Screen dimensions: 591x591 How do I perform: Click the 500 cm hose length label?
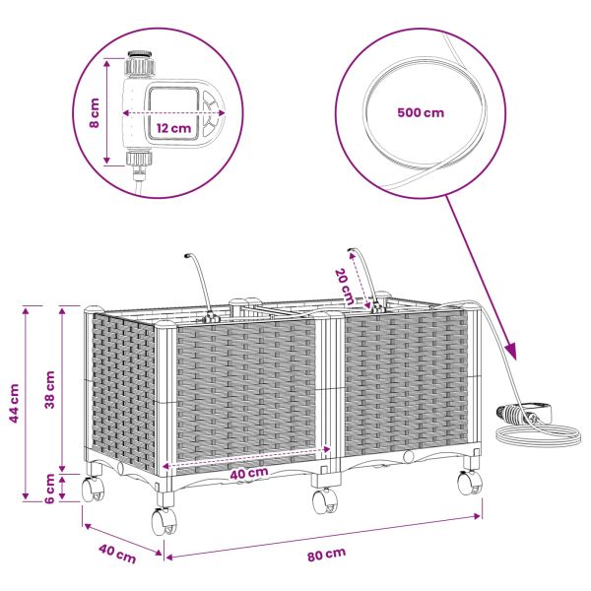[421, 112]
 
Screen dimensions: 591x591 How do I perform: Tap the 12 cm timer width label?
[173, 128]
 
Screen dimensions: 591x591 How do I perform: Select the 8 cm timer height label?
[95, 112]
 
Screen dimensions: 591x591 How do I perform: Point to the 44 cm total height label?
[14, 403]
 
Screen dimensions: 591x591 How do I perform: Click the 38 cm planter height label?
[50, 389]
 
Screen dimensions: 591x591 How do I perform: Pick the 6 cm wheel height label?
[50, 489]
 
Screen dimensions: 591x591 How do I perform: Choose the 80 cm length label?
[326, 555]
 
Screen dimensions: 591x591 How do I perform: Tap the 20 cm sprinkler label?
[345, 287]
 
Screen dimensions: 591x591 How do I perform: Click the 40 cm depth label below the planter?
[117, 554]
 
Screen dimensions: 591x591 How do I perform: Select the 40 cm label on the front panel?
[249, 473]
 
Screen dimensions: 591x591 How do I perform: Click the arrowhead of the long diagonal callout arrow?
[511, 352]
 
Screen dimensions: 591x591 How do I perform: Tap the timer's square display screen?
[172, 112]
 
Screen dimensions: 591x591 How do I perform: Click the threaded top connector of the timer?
[140, 63]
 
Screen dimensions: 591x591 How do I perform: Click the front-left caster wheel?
[164, 521]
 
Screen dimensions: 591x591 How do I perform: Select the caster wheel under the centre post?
[325, 501]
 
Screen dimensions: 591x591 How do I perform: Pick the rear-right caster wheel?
[470, 483]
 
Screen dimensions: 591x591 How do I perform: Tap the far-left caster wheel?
[93, 490]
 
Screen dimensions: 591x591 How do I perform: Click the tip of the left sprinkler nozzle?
[186, 256]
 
